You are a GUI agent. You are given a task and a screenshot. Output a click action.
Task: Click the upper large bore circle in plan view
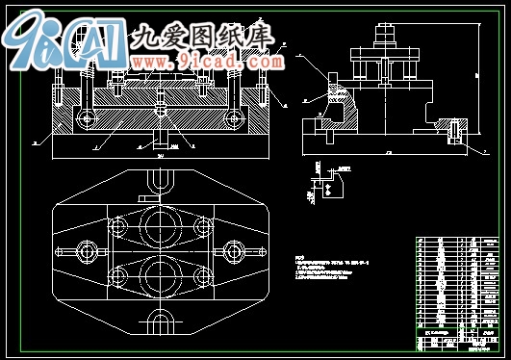[x=160, y=226]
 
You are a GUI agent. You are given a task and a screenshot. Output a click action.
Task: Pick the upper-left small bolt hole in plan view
[x=118, y=227]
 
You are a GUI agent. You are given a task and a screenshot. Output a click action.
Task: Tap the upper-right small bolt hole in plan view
[x=202, y=227]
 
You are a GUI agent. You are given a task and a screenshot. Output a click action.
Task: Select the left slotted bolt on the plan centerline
[x=89, y=252]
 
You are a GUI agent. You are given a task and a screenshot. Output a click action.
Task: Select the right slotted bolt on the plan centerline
[x=231, y=252]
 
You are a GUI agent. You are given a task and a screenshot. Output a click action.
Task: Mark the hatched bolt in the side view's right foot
[x=453, y=126]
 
